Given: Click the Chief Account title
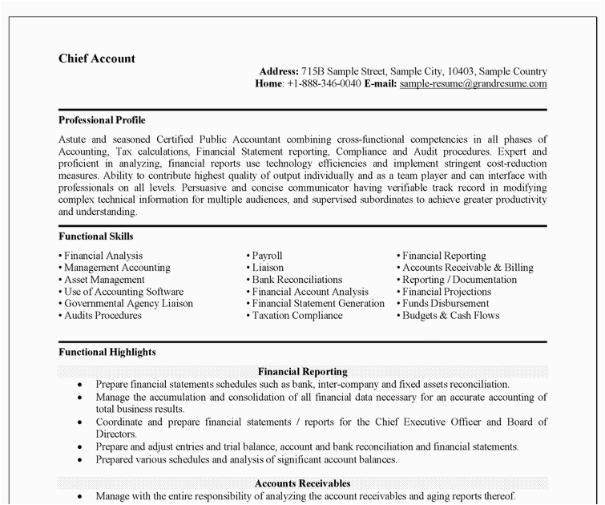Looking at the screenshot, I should [97, 59].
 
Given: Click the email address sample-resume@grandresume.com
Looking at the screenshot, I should [473, 83].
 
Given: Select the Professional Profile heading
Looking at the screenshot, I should [102, 119].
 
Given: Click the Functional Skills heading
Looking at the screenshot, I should [96, 236].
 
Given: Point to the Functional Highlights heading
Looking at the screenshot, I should [107, 352].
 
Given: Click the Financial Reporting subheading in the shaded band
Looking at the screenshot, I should [302, 372].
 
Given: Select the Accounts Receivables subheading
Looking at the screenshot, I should [302, 483].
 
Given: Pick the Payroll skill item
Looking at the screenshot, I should [267, 256].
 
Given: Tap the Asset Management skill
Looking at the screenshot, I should [104, 280].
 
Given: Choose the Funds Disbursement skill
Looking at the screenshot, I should [446, 304].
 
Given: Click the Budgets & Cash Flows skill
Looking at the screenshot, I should [450, 316].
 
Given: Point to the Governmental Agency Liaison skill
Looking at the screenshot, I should [128, 304].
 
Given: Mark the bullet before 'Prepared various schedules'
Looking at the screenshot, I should [79, 460].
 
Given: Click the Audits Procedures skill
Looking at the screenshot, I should [103, 316].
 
